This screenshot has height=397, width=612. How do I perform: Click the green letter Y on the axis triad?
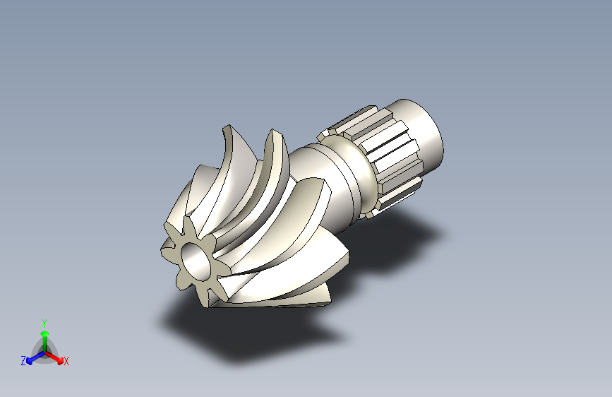pyautogui.click(x=44, y=323)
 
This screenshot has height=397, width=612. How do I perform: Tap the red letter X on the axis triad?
pyautogui.click(x=66, y=361)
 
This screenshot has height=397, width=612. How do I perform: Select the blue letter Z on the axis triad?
pyautogui.click(x=23, y=361)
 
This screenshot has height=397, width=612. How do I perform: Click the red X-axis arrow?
pyautogui.click(x=54, y=357)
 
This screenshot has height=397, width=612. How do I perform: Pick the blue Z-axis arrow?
pyautogui.click(x=35, y=357)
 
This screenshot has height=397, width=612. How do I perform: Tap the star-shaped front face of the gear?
pyautogui.click(x=195, y=261)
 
